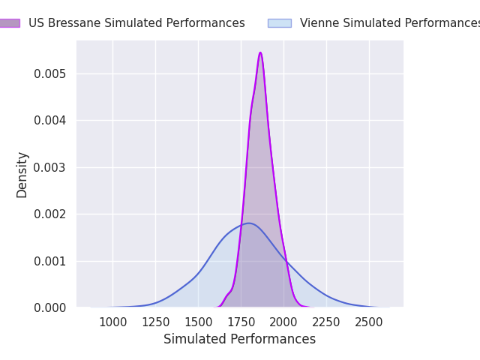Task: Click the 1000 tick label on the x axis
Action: pyautogui.click(x=113, y=322)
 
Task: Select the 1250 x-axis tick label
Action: pyautogui.click(x=156, y=322)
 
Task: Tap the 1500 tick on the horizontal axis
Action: pyautogui.click(x=198, y=322)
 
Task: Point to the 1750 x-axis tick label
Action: pyautogui.click(x=241, y=322)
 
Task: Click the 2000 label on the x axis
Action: pyautogui.click(x=283, y=322)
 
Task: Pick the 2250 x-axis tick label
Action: pyautogui.click(x=327, y=322)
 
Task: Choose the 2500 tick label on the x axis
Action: pyautogui.click(x=369, y=322)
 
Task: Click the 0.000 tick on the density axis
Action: pyautogui.click(x=50, y=308)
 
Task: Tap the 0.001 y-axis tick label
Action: pyautogui.click(x=50, y=262)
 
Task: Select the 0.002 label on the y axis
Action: pyautogui.click(x=50, y=214)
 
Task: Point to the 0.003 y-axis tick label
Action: pyautogui.click(x=50, y=168)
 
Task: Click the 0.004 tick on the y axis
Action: pyautogui.click(x=50, y=121)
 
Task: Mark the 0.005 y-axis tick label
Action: pyautogui.click(x=50, y=74)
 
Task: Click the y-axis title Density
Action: pyautogui.click(x=22, y=175)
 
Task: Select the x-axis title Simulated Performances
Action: pyautogui.click(x=240, y=339)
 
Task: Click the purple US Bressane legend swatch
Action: pyautogui.click(x=10, y=23)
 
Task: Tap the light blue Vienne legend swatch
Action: pyautogui.click(x=280, y=23)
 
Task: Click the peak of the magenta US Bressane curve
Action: pyautogui.click(x=260, y=52)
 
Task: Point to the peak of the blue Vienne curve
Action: pyautogui.click(x=248, y=223)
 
